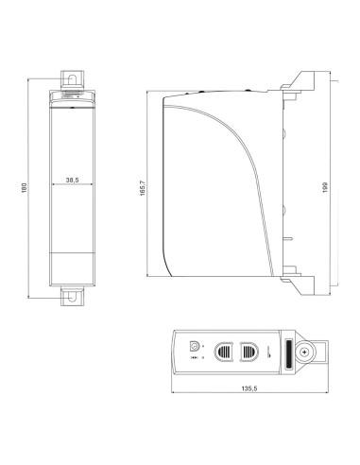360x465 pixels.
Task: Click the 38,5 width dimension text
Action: (x=71, y=178)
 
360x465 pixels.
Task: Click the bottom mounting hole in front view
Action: (x=71, y=296)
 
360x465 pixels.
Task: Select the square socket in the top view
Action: (x=196, y=346)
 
